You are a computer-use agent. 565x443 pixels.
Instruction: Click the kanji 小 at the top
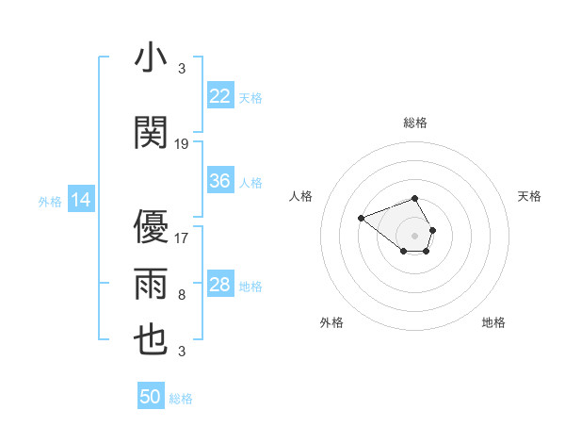click(x=152, y=57)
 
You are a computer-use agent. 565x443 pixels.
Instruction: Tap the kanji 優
click(x=152, y=226)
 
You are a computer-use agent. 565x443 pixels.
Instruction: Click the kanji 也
click(x=152, y=340)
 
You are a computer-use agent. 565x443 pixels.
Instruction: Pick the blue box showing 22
click(x=220, y=95)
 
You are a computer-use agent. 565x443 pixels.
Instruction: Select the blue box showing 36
click(x=220, y=181)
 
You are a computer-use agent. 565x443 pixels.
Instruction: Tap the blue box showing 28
click(x=220, y=285)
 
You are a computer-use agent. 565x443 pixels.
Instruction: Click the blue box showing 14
click(x=81, y=200)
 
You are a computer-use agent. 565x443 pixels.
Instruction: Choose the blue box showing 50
click(x=151, y=397)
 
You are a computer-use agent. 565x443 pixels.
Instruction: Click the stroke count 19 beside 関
click(x=182, y=144)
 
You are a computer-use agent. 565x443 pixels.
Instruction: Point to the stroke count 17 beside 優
click(x=182, y=238)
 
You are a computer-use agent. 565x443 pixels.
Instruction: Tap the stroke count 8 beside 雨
click(x=182, y=295)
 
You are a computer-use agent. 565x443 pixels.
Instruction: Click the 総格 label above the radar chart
click(x=415, y=123)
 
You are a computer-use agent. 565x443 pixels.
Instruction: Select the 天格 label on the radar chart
click(x=529, y=196)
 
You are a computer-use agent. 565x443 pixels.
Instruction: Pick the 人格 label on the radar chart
click(x=301, y=196)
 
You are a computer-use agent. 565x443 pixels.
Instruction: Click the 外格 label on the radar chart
click(x=331, y=322)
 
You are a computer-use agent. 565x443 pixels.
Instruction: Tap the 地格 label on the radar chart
click(x=493, y=322)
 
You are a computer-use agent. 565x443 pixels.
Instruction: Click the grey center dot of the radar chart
click(x=415, y=234)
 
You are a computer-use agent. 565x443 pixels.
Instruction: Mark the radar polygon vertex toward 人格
click(x=361, y=219)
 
